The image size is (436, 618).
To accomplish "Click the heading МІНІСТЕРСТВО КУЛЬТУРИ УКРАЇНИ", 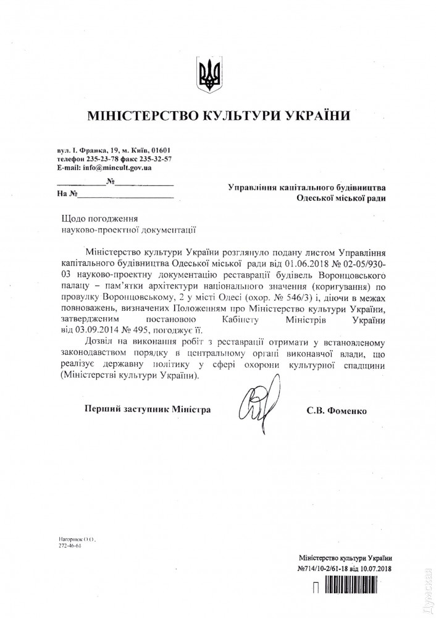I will (219, 116).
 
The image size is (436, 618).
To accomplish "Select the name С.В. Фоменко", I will (335, 410).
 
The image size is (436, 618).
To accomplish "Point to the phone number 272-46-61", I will (70, 547).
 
